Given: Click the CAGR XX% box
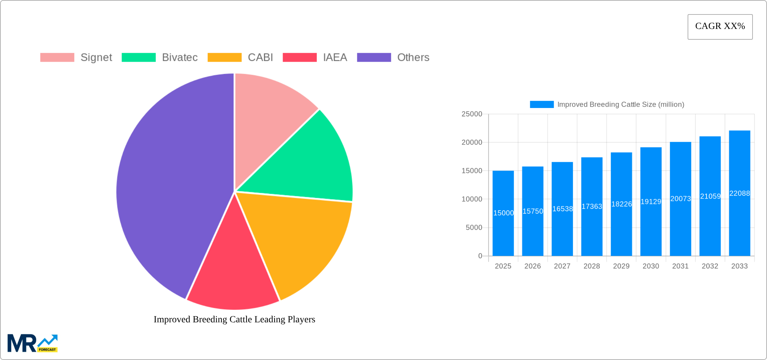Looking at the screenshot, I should click(x=720, y=27).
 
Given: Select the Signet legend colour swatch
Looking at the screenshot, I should click(x=57, y=58).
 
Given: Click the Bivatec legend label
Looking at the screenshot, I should click(x=180, y=58).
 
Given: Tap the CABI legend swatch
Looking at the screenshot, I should click(x=224, y=58).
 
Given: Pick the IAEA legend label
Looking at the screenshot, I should click(x=335, y=58).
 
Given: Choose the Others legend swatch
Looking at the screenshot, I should click(x=374, y=58).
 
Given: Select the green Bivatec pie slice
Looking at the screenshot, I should click(x=313, y=161).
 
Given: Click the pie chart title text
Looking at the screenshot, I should click(x=234, y=319).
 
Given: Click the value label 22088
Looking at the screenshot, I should click(x=739, y=193).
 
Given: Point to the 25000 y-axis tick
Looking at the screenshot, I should click(x=472, y=114).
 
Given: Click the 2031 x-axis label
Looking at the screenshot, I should click(x=680, y=266).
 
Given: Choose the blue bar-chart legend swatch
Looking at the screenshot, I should click(x=542, y=105).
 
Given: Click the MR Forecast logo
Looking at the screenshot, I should click(x=33, y=343).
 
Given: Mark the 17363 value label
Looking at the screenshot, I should click(x=592, y=207).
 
